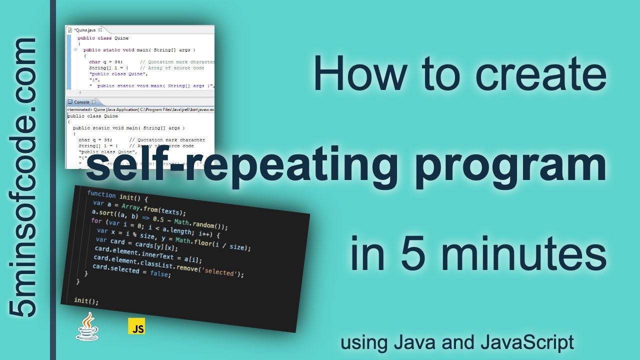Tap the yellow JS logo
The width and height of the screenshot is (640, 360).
coord(136,326)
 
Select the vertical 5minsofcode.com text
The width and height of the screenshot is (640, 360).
coord(24,177)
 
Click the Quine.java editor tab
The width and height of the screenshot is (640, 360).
coord(85,30)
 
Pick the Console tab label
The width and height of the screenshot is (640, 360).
coord(81,102)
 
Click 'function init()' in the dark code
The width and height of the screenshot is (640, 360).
coord(117,195)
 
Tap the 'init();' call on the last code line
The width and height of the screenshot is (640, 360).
coord(86,301)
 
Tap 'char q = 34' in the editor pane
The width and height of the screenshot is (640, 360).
coord(105,62)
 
